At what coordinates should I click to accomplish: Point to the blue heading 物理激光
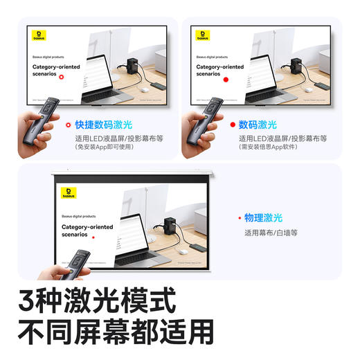tap(263, 217)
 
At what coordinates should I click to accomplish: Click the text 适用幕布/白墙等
tap(270, 233)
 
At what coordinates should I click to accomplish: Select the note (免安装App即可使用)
tap(105, 147)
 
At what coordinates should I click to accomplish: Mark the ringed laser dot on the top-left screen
tap(62, 76)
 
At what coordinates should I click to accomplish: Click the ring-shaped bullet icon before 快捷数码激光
tap(67, 125)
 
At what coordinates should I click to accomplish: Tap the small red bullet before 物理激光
tap(238, 217)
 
